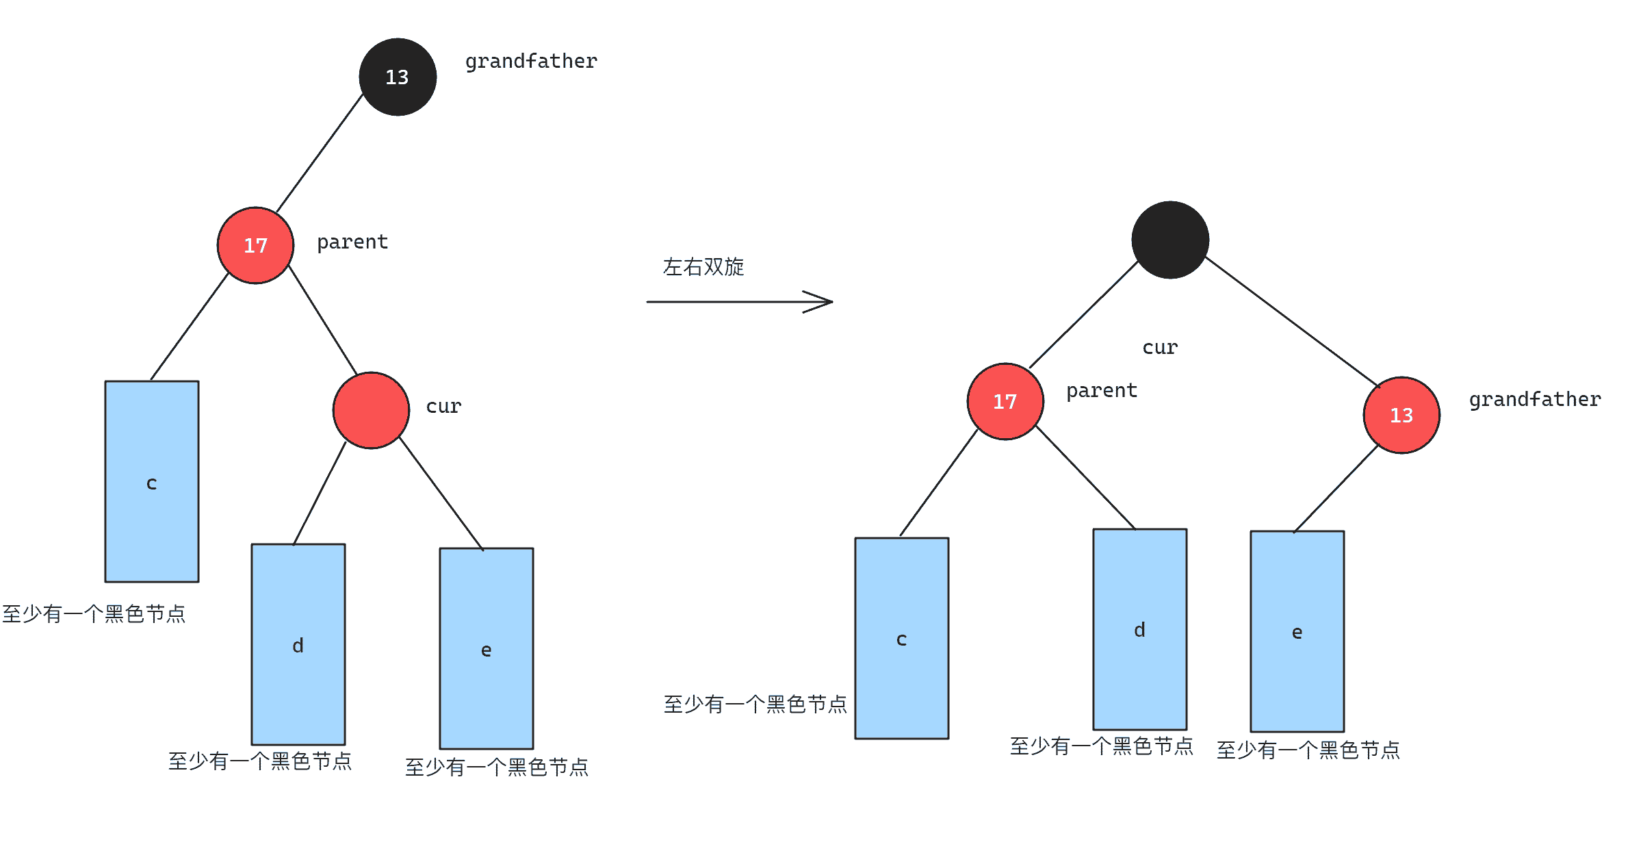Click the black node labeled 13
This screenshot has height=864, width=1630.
(398, 77)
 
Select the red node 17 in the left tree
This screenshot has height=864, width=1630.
(255, 245)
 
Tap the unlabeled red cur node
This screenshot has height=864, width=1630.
(371, 410)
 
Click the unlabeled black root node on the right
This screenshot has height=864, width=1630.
(1170, 240)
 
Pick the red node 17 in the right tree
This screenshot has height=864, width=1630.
(1005, 401)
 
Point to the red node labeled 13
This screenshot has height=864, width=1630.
(1401, 415)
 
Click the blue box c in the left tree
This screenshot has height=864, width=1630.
(152, 481)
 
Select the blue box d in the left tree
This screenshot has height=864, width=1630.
(298, 644)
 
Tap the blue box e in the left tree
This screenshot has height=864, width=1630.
(487, 648)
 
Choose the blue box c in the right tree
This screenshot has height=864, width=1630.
(902, 638)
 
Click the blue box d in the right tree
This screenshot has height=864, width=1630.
(1140, 629)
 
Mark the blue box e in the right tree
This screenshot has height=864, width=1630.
(1297, 631)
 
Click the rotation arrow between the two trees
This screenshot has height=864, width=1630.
(739, 301)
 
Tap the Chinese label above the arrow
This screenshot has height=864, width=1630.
(703, 266)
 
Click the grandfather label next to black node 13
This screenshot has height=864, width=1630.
(531, 62)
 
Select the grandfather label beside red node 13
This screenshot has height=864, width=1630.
(1535, 400)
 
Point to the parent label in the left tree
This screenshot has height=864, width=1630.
(352, 242)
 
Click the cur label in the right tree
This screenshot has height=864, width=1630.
(1160, 348)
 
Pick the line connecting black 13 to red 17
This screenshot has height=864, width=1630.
(320, 152)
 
